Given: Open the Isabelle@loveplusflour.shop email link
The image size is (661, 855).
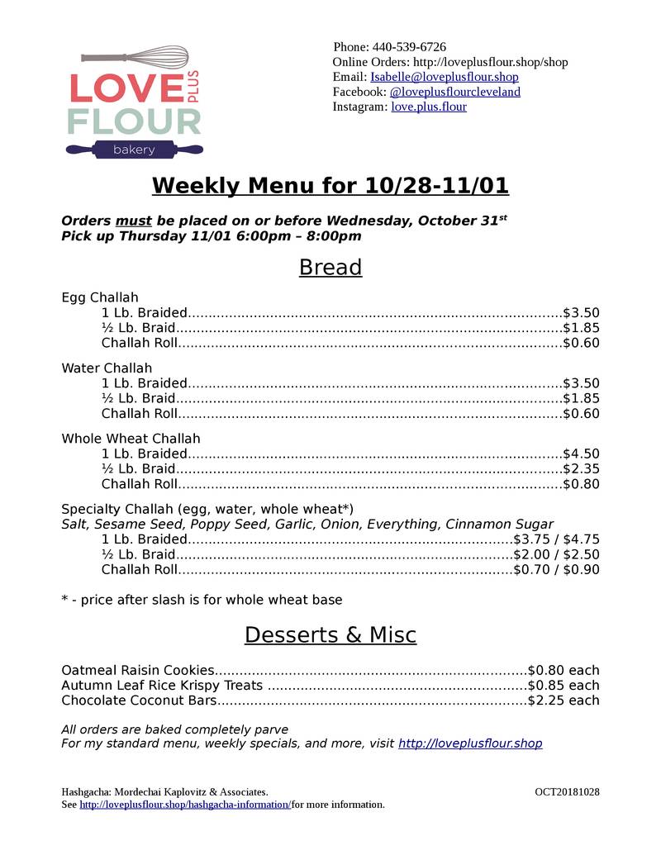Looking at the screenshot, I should pyautogui.click(x=445, y=77).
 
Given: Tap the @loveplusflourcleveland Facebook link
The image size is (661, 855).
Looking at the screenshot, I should pyautogui.click(x=454, y=92).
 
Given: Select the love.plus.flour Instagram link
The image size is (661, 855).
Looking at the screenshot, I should pyautogui.click(x=428, y=107).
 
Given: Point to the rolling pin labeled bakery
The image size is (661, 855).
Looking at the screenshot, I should pyautogui.click(x=134, y=150).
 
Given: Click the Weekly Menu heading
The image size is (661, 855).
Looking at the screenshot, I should pyautogui.click(x=330, y=186).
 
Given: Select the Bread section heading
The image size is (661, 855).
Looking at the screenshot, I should pyautogui.click(x=330, y=268).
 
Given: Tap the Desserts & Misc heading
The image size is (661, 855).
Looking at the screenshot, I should pyautogui.click(x=330, y=635).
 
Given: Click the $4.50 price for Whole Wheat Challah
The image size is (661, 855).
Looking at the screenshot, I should pyautogui.click(x=580, y=454).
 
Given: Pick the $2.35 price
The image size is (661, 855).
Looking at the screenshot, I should pyautogui.click(x=580, y=468).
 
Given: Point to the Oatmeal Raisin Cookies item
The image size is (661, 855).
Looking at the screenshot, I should pyautogui.click(x=138, y=670).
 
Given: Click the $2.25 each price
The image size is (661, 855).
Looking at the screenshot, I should pyautogui.click(x=564, y=701).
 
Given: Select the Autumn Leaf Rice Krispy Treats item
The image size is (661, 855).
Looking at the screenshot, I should pyautogui.click(x=162, y=686).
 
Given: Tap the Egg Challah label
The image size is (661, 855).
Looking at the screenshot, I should pyautogui.click(x=100, y=297).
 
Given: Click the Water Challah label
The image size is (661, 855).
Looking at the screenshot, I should pyautogui.click(x=107, y=368).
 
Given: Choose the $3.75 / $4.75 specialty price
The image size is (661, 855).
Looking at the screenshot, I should pyautogui.click(x=556, y=539).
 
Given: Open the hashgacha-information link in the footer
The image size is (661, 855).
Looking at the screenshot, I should pyautogui.click(x=185, y=805).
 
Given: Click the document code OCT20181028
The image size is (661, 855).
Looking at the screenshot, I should pyautogui.click(x=567, y=791).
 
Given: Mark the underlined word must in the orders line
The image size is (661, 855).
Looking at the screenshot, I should pyautogui.click(x=134, y=221).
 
